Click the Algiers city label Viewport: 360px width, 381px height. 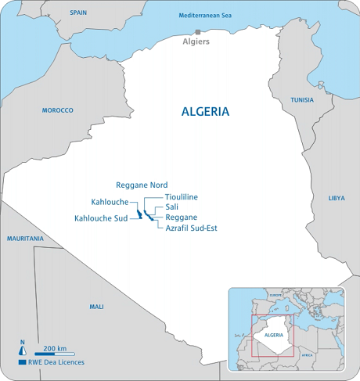point(196,41)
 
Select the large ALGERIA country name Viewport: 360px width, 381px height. point(205,111)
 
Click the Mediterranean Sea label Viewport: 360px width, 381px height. point(206,16)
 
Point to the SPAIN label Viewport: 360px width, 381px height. point(78,13)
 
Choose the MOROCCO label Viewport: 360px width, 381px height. point(57,110)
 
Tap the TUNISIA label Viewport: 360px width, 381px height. point(302,100)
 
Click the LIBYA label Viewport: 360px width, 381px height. point(336,199)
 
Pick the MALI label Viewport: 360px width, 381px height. point(96,307)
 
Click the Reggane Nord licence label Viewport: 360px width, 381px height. point(142,185)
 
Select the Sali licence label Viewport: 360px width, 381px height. point(172,207)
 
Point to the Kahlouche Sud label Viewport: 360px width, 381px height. point(100,217)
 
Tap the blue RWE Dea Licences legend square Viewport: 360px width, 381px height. point(22,363)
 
